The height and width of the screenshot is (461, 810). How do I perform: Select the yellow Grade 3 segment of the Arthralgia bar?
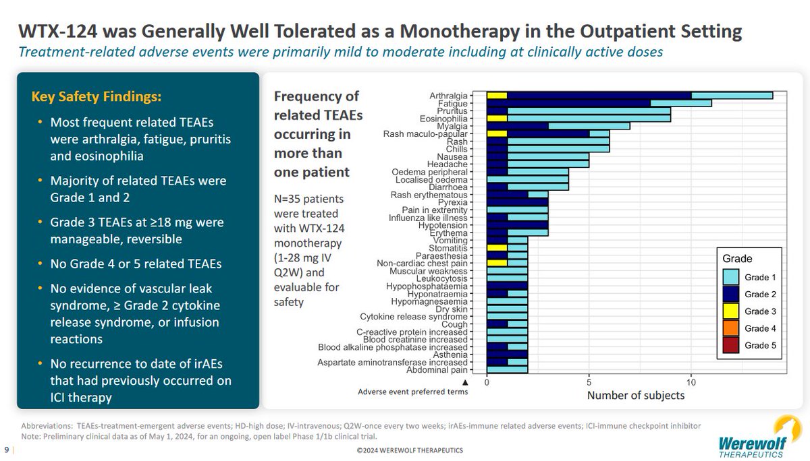pyautogui.click(x=497, y=96)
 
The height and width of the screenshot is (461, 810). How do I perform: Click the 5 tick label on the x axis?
pyautogui.click(x=589, y=381)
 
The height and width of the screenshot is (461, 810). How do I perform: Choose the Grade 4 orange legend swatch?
pyautogui.click(x=730, y=328)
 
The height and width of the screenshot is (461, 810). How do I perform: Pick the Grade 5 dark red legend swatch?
pyautogui.click(x=730, y=345)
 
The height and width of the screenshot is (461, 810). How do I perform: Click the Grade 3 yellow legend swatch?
pyautogui.click(x=730, y=311)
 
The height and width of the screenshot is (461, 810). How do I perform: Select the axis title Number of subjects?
pyautogui.click(x=635, y=395)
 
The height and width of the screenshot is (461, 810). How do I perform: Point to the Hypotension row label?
pyautogui.click(x=454, y=225)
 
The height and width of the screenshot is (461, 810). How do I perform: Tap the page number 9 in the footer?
pyautogui.click(x=7, y=450)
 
